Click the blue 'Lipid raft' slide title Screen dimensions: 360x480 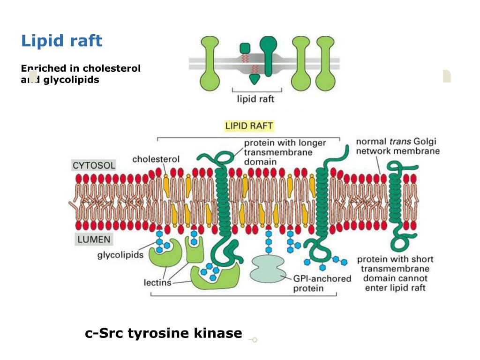61,41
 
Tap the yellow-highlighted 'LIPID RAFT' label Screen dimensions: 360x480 248,126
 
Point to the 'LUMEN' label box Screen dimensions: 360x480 94,240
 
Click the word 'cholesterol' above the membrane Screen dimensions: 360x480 156,159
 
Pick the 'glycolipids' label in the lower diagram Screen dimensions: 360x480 120,255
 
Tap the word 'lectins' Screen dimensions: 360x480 157,283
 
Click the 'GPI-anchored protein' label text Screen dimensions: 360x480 322,283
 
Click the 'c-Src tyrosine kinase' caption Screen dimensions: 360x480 164,333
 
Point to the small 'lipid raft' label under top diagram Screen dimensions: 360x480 255,99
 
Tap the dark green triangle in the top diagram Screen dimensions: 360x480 255,79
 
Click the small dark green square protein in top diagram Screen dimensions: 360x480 245,48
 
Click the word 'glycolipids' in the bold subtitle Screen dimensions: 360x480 71,80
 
